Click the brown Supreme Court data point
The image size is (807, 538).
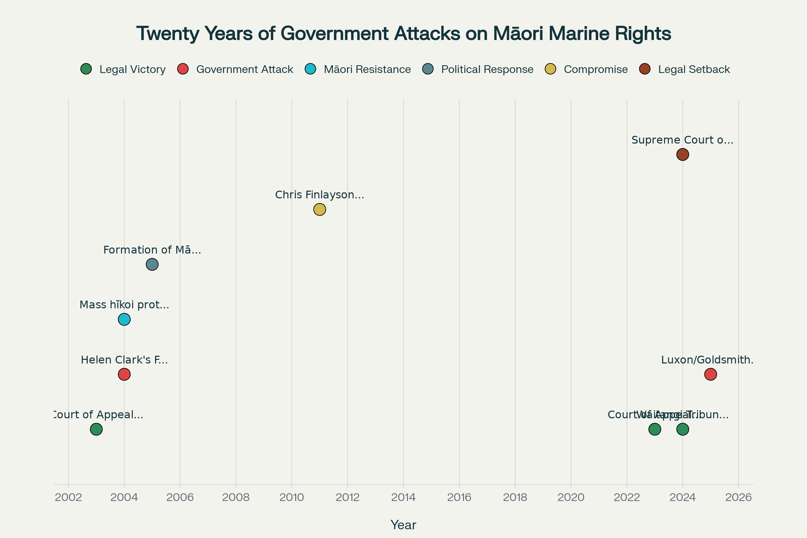683,154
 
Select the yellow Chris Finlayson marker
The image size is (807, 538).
319,209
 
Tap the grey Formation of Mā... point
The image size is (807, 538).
152,265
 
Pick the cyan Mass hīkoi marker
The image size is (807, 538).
124,319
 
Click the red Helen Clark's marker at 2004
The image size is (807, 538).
124,374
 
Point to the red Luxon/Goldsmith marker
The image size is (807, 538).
710,374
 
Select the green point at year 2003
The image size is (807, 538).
97,429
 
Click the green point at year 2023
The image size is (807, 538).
655,429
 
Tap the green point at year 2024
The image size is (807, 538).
683,429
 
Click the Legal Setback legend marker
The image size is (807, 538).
645,69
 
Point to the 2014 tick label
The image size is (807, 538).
403,498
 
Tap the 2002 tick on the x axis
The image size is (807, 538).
68,498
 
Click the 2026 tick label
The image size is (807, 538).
738,498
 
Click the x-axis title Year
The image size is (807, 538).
403,525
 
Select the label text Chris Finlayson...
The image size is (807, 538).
319,195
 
